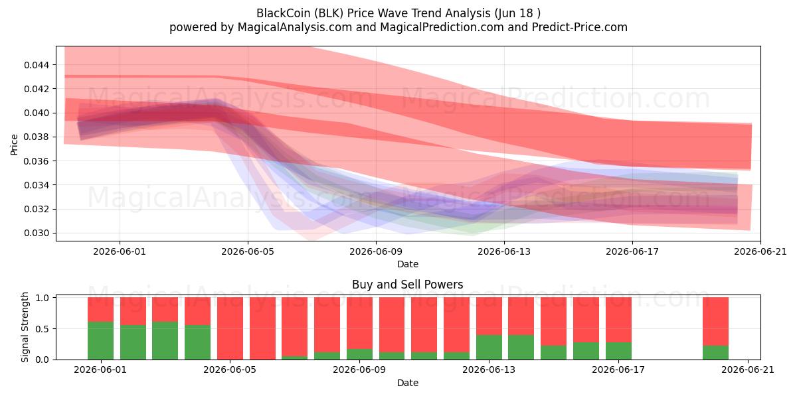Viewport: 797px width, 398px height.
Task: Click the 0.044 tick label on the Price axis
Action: pyautogui.click(x=37, y=65)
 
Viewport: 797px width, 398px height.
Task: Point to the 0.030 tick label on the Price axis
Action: pyautogui.click(x=37, y=233)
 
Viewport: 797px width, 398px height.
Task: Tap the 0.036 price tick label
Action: pyautogui.click(x=37, y=161)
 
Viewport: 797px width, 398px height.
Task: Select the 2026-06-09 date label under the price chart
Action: pyautogui.click(x=376, y=251)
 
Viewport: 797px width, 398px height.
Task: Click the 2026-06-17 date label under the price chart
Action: pyautogui.click(x=632, y=251)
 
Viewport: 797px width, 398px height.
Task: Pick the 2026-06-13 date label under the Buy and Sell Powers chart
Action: pyautogui.click(x=489, y=370)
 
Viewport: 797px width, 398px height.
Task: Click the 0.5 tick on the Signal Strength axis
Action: pyautogui.click(x=43, y=329)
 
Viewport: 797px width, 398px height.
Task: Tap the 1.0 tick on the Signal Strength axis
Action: pyautogui.click(x=43, y=298)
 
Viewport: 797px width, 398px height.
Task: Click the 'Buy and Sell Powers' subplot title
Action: pyautogui.click(x=408, y=285)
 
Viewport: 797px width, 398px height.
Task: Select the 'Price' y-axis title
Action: pyautogui.click(x=14, y=145)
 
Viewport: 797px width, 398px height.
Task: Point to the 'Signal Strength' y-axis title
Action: pyautogui.click(x=25, y=327)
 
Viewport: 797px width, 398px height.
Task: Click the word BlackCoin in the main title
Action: pyautogui.click(x=283, y=13)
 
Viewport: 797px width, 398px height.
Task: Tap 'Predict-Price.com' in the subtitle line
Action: pyautogui.click(x=580, y=27)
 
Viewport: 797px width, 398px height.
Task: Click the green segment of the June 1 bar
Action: pyautogui.click(x=101, y=341)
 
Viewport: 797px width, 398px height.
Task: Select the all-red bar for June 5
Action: pyautogui.click(x=230, y=328)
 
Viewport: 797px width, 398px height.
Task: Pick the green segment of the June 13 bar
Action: pyautogui.click(x=489, y=347)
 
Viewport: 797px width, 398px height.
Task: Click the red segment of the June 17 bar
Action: pyautogui.click(x=618, y=320)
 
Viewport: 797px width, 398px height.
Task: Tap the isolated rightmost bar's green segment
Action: pyautogui.click(x=715, y=352)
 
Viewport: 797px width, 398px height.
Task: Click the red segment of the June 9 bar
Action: pyautogui.click(x=359, y=323)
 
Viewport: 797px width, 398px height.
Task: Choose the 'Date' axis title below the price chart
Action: pyautogui.click(x=408, y=265)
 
